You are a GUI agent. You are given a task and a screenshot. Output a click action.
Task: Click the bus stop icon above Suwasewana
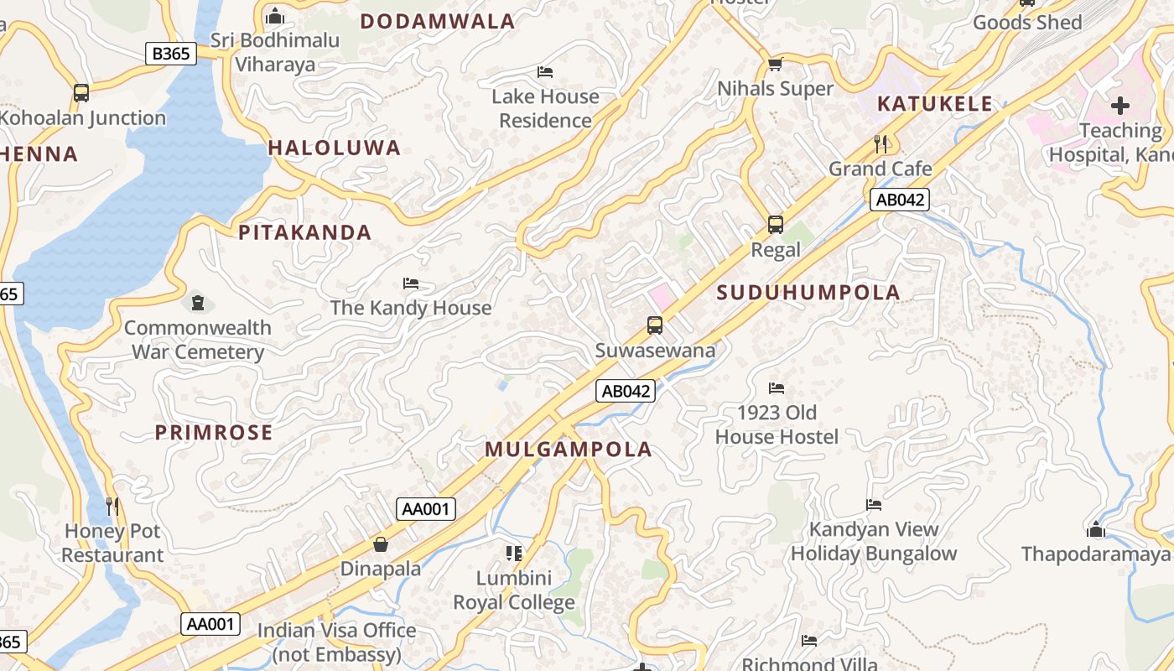pyautogui.click(x=655, y=325)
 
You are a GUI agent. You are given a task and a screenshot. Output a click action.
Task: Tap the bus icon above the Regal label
pyautogui.click(x=776, y=225)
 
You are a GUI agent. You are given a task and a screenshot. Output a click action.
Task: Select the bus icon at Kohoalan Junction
pyautogui.click(x=81, y=93)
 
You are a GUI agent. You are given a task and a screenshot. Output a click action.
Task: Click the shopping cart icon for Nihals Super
pyautogui.click(x=776, y=65)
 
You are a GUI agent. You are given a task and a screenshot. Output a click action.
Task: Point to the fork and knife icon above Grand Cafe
pyautogui.click(x=880, y=143)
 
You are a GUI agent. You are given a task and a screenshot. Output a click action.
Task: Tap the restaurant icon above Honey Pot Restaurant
pyautogui.click(x=112, y=506)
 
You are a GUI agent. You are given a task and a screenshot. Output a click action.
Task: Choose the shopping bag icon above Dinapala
pyautogui.click(x=381, y=544)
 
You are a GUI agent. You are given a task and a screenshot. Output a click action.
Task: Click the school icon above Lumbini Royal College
pyautogui.click(x=514, y=553)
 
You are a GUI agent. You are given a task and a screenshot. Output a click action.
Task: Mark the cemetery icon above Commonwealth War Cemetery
pyautogui.click(x=198, y=302)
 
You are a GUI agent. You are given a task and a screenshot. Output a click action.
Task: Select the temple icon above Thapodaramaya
pyautogui.click(x=1095, y=529)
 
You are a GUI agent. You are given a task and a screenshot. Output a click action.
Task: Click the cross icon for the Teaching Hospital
pyautogui.click(x=1120, y=106)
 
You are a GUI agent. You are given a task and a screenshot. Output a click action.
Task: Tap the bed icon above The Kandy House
pyautogui.click(x=411, y=283)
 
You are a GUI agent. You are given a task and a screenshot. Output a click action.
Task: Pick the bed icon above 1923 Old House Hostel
pyautogui.click(x=777, y=388)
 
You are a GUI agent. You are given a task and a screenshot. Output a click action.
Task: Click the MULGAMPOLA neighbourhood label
pyautogui.click(x=569, y=450)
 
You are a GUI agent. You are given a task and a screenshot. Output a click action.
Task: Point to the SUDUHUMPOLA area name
pyautogui.click(x=809, y=293)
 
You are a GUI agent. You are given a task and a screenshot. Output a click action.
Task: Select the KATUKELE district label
pyautogui.click(x=935, y=104)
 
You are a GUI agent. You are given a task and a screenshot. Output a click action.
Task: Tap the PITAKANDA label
pyautogui.click(x=305, y=233)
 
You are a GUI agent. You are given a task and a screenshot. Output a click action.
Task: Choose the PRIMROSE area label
pyautogui.click(x=214, y=433)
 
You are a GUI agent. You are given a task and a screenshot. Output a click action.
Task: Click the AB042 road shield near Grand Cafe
pyautogui.click(x=900, y=200)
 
